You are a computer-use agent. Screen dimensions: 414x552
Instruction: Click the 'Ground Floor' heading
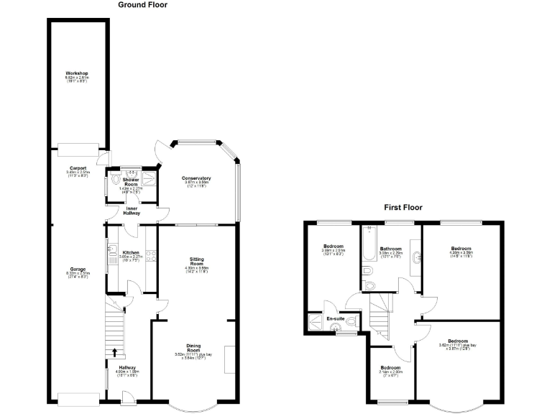point(142,4)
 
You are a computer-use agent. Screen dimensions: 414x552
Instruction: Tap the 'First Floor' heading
point(402,207)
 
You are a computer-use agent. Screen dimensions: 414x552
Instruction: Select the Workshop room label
point(77,73)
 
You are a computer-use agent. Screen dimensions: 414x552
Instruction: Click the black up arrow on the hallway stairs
point(115,351)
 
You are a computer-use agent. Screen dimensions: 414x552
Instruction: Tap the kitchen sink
point(114,252)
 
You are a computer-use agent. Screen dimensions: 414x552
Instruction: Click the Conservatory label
point(196,178)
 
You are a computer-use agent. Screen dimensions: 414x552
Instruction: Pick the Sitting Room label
point(196,261)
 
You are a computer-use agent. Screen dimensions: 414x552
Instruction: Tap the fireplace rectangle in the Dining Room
point(229,359)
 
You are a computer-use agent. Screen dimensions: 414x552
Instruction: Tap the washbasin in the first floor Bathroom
point(415,248)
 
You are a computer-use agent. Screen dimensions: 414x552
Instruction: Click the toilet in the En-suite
point(335,328)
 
